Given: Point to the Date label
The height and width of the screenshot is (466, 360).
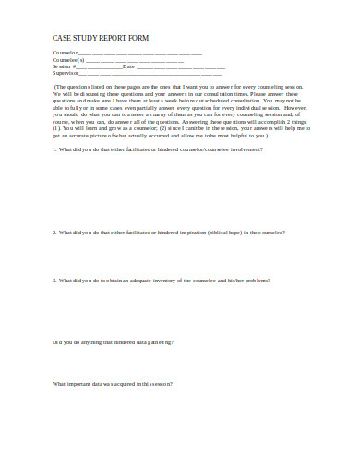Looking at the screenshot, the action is point(128,66).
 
